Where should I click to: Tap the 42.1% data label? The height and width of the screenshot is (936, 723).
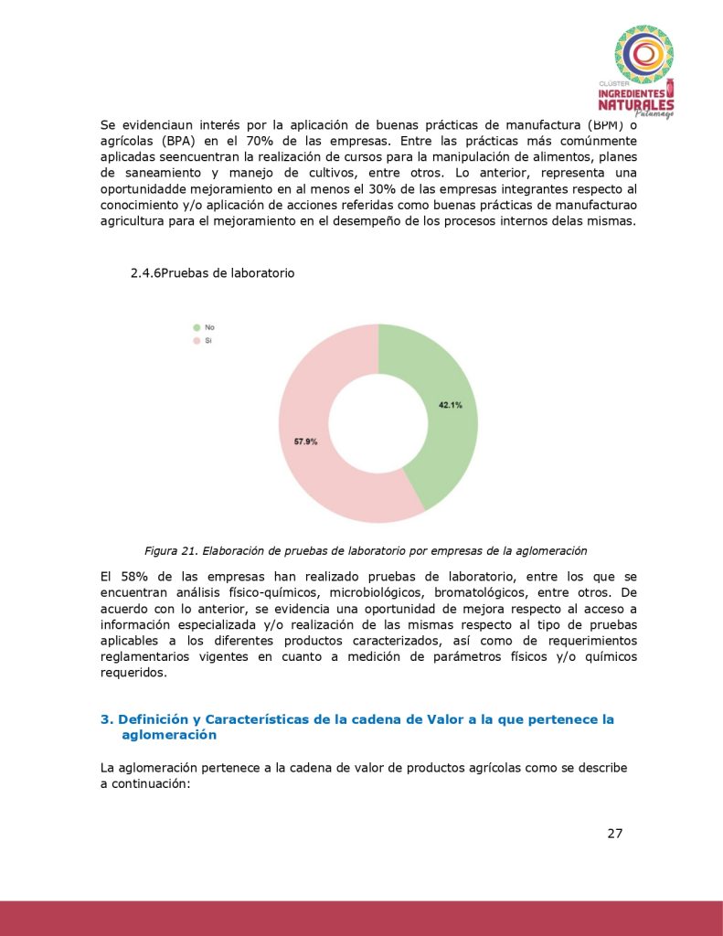point(450,405)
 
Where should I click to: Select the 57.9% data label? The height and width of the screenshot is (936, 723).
point(305,441)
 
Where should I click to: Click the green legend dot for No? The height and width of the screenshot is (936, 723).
point(196,326)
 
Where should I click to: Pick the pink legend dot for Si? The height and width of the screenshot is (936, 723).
point(196,340)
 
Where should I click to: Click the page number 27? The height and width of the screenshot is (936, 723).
point(614,833)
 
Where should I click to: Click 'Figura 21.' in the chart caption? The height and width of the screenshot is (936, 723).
point(171,551)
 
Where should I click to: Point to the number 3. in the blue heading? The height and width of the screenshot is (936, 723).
point(106,720)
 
